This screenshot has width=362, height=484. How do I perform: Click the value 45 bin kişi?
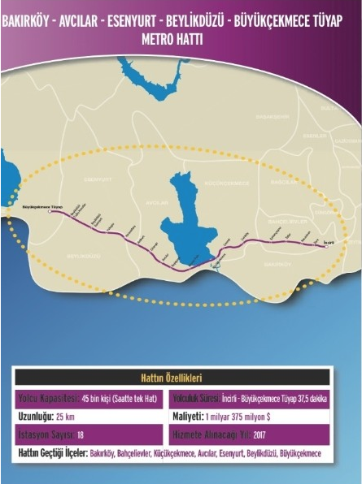[99, 399]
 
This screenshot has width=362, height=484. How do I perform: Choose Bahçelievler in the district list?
[133, 452]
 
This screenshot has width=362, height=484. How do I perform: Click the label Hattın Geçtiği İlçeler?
[51, 452]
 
